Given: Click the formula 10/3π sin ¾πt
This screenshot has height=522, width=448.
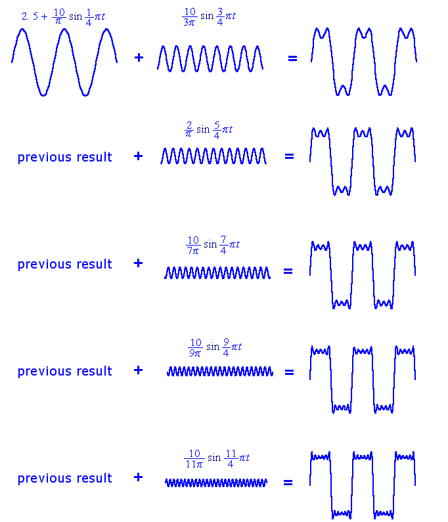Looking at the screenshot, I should pyautogui.click(x=208, y=15).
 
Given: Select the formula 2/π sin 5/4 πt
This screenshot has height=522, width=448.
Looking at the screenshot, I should pyautogui.click(x=208, y=129).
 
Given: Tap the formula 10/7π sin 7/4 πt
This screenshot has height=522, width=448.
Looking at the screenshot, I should pyautogui.click(x=212, y=245).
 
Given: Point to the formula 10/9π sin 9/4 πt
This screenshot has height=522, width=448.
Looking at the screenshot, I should pyautogui.click(x=214, y=346).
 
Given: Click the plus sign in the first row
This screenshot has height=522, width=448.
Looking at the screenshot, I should pyautogui.click(x=139, y=58).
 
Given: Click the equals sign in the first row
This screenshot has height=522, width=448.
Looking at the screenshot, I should pyautogui.click(x=292, y=58).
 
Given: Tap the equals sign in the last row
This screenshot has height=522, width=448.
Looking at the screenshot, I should pyautogui.click(x=288, y=483).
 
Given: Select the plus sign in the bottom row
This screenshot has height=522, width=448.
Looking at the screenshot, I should pyautogui.click(x=138, y=477).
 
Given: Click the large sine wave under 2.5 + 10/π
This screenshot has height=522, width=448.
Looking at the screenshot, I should pyautogui.click(x=64, y=62).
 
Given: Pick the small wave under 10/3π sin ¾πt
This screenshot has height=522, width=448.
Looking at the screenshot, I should pyautogui.click(x=210, y=58).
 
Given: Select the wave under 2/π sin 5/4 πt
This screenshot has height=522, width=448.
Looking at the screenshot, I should pyautogui.click(x=213, y=156).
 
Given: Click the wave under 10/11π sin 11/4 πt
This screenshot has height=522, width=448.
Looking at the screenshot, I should pyautogui.click(x=216, y=483).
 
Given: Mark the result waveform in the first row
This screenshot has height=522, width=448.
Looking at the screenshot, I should pyautogui.click(x=363, y=62).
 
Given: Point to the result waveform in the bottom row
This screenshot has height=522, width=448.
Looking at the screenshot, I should pyautogui.click(x=363, y=484).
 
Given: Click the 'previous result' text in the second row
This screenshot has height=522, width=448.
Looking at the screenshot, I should pyautogui.click(x=64, y=158).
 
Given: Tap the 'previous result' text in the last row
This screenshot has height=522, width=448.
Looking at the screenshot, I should pyautogui.click(x=64, y=479).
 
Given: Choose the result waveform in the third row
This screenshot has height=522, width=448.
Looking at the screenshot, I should pyautogui.click(x=363, y=274).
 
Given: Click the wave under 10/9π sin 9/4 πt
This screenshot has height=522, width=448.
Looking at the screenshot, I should pyautogui.click(x=219, y=372).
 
